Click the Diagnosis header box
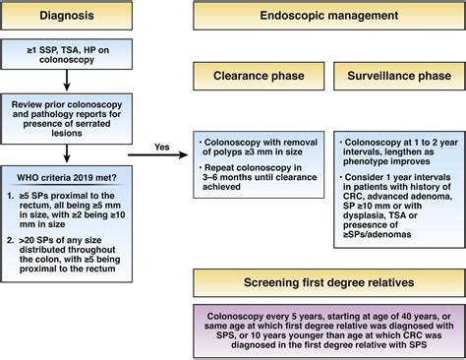click(x=67, y=16)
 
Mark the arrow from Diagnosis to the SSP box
click(x=67, y=36)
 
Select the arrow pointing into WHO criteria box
click(x=67, y=154)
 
